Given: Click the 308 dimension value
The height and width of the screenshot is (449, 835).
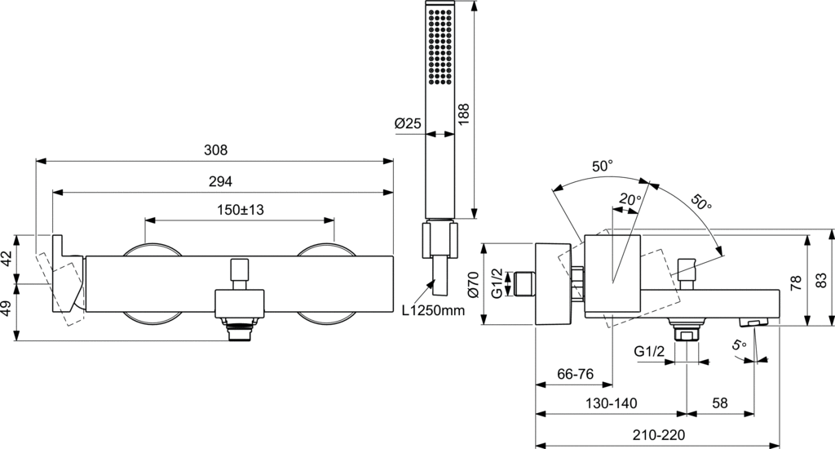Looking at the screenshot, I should pyautogui.click(x=215, y=150).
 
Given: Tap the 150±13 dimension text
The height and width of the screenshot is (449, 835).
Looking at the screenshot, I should pyautogui.click(x=239, y=210).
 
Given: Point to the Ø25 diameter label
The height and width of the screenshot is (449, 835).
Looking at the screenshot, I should pyautogui.click(x=408, y=124).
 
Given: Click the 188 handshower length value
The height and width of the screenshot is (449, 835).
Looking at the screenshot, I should pyautogui.click(x=465, y=113).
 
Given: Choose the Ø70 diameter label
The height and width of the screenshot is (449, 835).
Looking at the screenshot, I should pyautogui.click(x=472, y=285).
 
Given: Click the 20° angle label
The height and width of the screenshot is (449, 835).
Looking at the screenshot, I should pyautogui.click(x=629, y=199).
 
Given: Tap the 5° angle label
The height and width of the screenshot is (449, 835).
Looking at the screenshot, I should pyautogui.click(x=739, y=345).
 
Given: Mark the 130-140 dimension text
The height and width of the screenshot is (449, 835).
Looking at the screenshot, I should pyautogui.click(x=611, y=403).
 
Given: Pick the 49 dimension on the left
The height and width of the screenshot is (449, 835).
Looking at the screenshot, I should pyautogui.click(x=7, y=311).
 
